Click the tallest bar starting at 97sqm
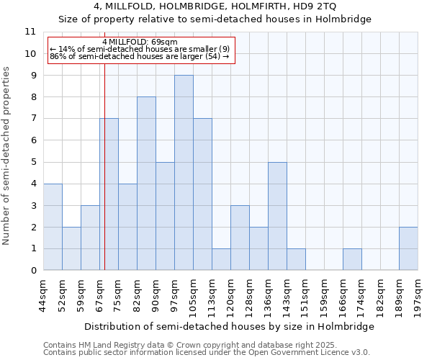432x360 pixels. pyautogui.click(x=184, y=173)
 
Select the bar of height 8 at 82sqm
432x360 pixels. pyautogui.click(x=146, y=184)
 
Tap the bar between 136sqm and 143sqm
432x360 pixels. pyautogui.click(x=277, y=216)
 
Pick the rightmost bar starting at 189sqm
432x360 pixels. pyautogui.click(x=408, y=248)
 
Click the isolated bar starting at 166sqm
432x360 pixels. pyautogui.click(x=352, y=259)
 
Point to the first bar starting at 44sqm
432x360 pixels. pyautogui.click(x=53, y=227)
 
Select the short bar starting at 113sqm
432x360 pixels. pyautogui.click(x=221, y=259)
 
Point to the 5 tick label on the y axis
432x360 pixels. pyautogui.click(x=32, y=162)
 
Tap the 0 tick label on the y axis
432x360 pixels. pyautogui.click(x=32, y=271)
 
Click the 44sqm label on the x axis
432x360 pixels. pyautogui.click(x=43, y=294)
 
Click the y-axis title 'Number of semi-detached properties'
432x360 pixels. pyautogui.click(x=7, y=155)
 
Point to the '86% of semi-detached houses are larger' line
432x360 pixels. pyautogui.click(x=139, y=56)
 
